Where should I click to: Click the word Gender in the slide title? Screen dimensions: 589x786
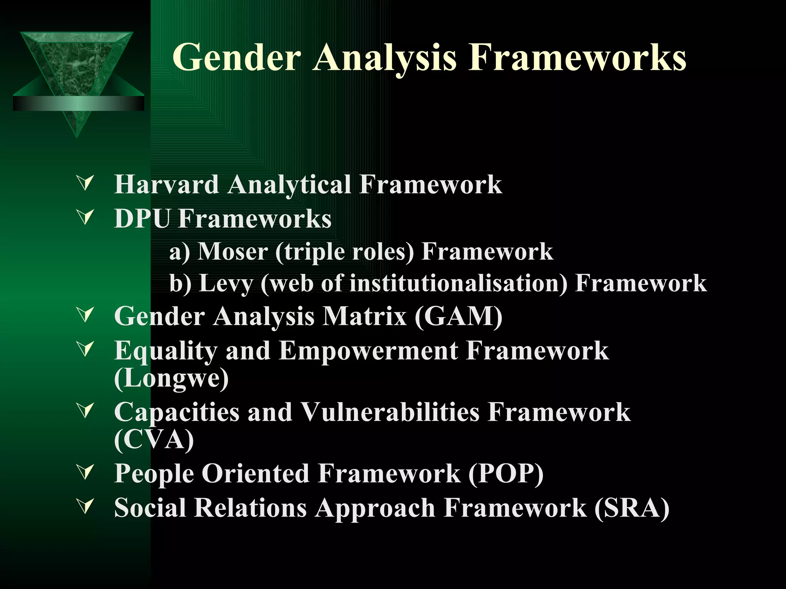(x=236, y=58)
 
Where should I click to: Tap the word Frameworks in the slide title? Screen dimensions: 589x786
(x=578, y=58)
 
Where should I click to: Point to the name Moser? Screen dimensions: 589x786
(x=233, y=252)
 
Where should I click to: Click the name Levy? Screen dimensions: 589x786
(x=226, y=284)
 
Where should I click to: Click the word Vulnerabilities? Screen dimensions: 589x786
(x=390, y=412)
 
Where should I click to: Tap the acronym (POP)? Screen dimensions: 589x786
(x=505, y=473)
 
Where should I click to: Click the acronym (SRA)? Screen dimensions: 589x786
(x=632, y=508)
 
